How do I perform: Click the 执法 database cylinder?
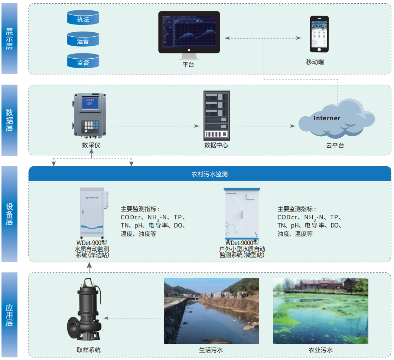tap(83, 18)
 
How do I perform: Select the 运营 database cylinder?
tap(83, 39)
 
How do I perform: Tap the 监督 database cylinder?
tap(83, 61)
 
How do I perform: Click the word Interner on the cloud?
tap(326, 118)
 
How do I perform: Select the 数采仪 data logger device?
tap(91, 117)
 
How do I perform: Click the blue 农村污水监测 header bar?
tap(209, 174)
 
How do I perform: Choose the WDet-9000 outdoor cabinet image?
tap(242, 213)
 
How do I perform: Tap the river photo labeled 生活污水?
tap(211, 311)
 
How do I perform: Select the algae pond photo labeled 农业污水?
tap(320, 311)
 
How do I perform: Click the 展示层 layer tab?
tap(9, 39)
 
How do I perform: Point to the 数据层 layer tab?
tap(9, 120)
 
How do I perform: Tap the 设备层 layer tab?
tap(9, 214)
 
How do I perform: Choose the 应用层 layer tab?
tap(9, 315)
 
